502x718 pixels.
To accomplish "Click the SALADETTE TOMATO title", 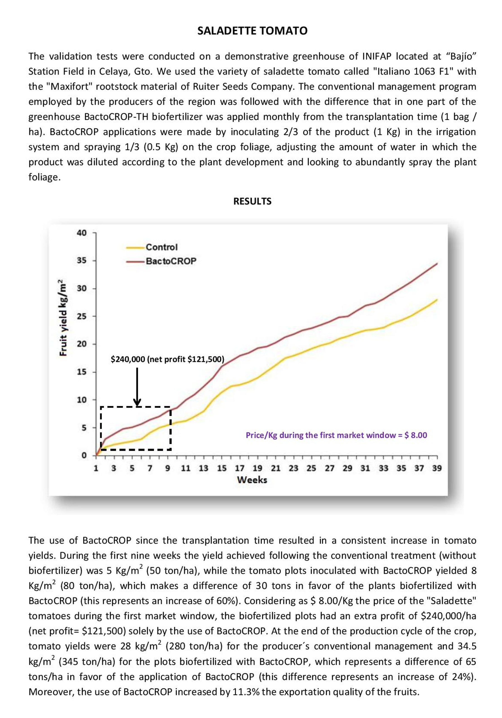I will [x=252, y=31].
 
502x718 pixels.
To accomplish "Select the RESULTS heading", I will [x=252, y=201].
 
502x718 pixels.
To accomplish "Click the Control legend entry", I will [x=161, y=247].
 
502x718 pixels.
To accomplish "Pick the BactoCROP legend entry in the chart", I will [x=171, y=261].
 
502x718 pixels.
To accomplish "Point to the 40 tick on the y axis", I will [x=82, y=233].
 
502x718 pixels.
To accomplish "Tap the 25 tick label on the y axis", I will [x=82, y=316].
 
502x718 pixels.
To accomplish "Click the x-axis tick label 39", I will [x=437, y=468].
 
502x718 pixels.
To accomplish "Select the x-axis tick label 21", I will [x=275, y=468].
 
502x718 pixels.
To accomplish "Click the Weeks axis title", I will [x=252, y=480].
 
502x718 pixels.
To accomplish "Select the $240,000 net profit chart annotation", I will [x=167, y=359].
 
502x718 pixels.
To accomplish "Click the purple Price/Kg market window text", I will [x=336, y=435].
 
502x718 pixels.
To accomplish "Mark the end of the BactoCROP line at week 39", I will [x=437, y=264].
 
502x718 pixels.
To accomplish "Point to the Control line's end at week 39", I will [x=437, y=300].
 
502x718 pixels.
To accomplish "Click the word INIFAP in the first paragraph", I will [x=376, y=56].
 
